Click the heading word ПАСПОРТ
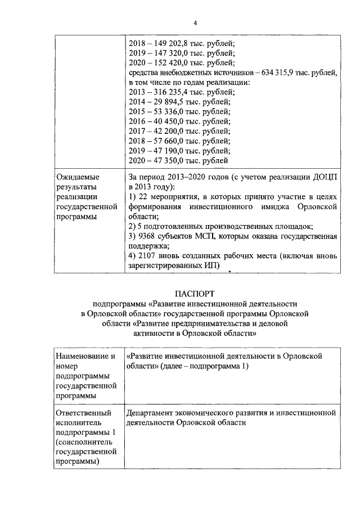(195, 293)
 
